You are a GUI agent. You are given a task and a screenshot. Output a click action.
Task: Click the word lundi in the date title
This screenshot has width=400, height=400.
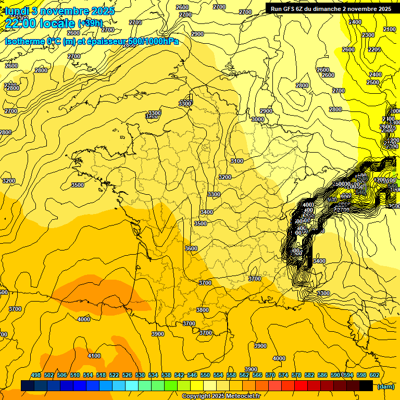17,11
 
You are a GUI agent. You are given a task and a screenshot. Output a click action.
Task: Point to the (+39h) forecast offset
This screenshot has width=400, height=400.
91,23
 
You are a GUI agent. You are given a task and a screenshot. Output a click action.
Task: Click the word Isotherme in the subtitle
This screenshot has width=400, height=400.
24,41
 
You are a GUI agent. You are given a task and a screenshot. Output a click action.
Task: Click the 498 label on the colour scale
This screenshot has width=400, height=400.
36,376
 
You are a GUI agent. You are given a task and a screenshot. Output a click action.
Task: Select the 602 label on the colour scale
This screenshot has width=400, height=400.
374,376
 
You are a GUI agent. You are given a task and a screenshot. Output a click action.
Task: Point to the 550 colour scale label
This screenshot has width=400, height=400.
205,376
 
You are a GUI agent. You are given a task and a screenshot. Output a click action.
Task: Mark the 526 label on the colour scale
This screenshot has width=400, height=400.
127,376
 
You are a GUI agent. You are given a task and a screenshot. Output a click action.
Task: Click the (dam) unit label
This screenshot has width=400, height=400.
385,386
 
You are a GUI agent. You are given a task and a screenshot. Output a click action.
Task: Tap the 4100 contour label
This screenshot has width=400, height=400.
94,356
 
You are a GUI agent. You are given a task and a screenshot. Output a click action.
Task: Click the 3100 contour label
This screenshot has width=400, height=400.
237,161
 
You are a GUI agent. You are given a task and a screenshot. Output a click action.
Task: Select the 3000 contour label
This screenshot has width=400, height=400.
258,119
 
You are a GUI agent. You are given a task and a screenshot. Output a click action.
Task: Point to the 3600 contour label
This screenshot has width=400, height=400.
191,248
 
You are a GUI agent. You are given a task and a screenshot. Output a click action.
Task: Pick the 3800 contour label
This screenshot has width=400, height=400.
203,310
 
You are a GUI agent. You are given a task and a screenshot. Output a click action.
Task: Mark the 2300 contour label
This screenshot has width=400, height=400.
368,35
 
